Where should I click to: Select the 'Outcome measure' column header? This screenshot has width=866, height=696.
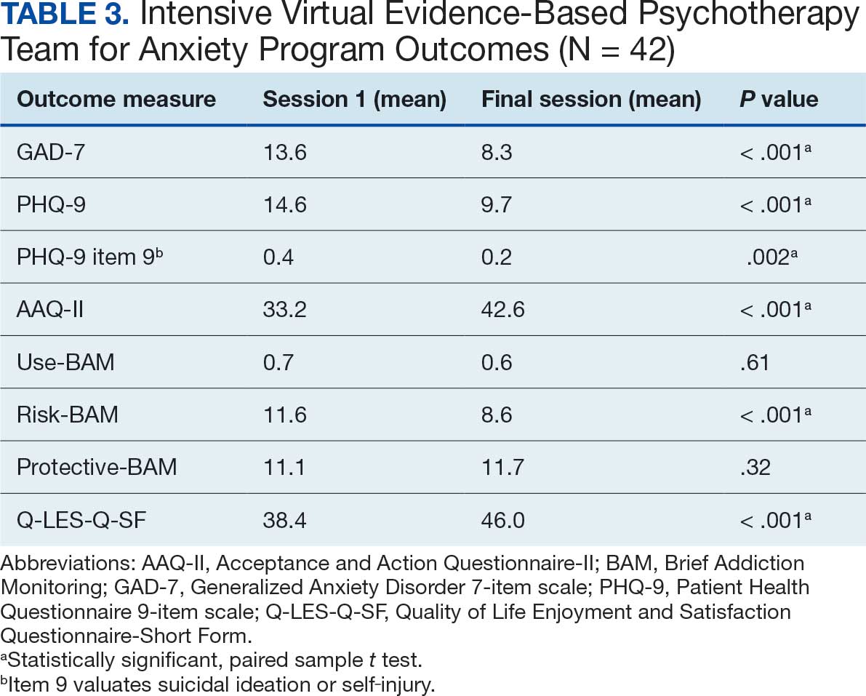(x=116, y=100)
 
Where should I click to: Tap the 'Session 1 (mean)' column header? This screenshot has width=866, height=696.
(x=354, y=100)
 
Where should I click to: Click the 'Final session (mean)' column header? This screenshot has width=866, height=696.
(x=590, y=100)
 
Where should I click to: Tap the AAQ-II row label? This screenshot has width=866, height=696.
(x=50, y=309)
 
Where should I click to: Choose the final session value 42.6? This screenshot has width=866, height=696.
(x=502, y=309)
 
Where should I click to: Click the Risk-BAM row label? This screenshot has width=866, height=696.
(x=68, y=414)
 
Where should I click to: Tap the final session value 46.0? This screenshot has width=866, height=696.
(x=503, y=519)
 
